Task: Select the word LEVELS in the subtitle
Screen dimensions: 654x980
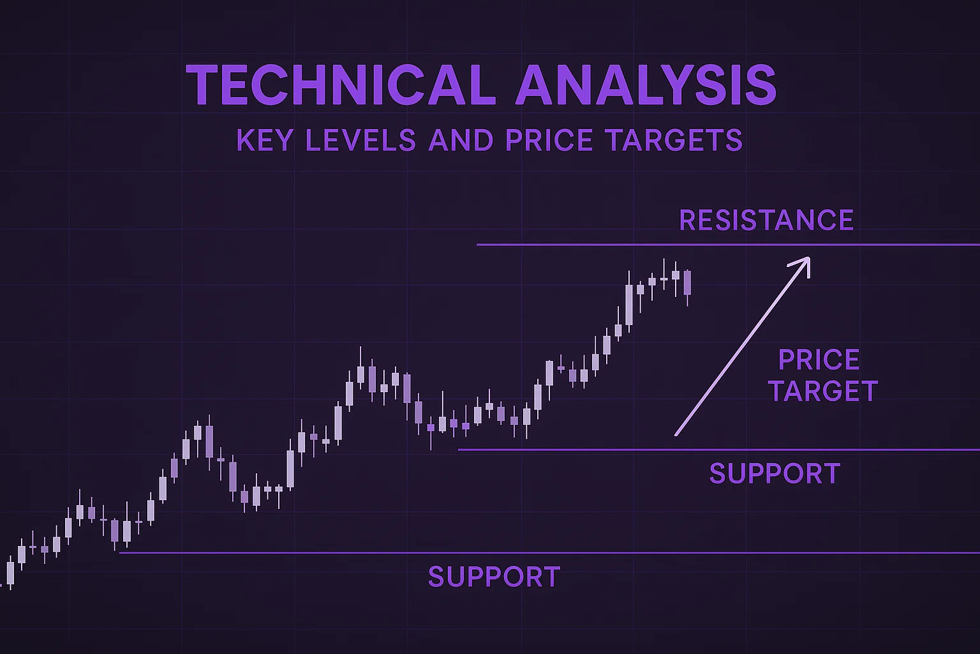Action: click(360, 141)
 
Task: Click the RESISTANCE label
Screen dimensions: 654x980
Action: click(766, 220)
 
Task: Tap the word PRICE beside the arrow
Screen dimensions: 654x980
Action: click(819, 360)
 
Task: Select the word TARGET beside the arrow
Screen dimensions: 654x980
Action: click(823, 391)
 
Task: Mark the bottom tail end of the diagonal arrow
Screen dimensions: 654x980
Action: click(677, 435)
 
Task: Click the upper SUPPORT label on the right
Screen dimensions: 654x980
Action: click(775, 473)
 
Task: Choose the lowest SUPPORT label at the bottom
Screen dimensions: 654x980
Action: click(494, 577)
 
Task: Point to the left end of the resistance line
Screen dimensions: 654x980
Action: click(478, 245)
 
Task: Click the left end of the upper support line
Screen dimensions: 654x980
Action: click(459, 450)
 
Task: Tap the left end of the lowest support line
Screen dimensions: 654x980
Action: click(121, 552)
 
